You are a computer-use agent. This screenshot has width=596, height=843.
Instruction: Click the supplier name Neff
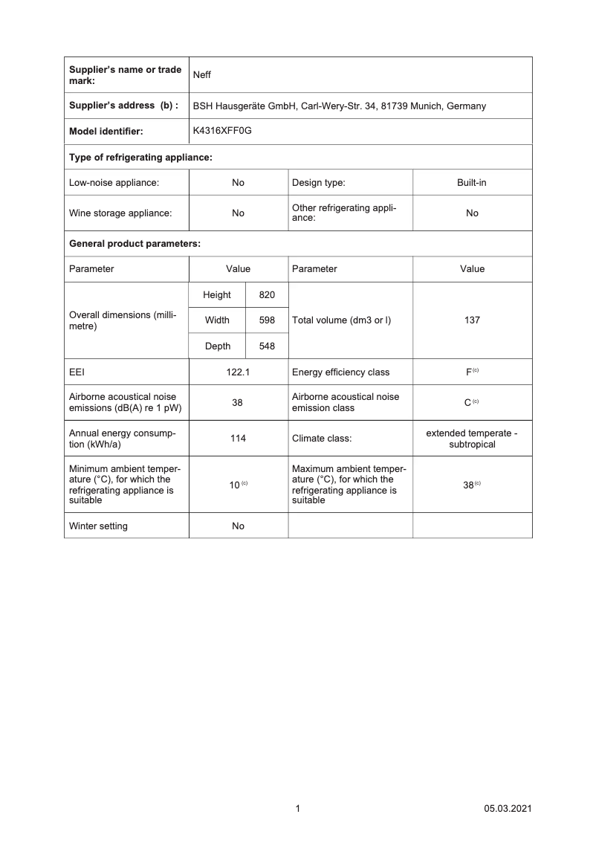202,75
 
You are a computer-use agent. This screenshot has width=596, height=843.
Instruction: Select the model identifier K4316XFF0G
222,131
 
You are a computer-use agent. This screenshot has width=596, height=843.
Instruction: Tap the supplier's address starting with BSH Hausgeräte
340,106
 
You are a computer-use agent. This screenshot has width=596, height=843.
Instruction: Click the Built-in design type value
472,182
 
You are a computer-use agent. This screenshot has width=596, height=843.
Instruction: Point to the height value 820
267,295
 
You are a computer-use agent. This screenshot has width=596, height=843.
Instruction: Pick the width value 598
267,320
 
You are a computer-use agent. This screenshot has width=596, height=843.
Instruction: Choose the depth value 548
267,346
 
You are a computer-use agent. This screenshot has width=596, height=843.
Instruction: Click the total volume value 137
472,320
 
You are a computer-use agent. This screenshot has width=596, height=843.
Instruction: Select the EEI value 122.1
238,372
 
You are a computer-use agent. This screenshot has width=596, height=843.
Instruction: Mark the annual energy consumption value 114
238,439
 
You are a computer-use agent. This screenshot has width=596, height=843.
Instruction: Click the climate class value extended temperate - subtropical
472,439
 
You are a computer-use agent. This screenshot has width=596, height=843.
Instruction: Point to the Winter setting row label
98,526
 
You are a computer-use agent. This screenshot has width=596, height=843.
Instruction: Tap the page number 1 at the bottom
298,809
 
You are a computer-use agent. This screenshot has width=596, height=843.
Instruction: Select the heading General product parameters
135,243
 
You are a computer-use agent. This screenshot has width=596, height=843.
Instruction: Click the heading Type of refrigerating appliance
140,157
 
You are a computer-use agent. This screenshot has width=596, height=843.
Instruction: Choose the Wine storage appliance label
120,213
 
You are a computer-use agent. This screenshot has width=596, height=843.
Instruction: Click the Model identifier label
106,132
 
